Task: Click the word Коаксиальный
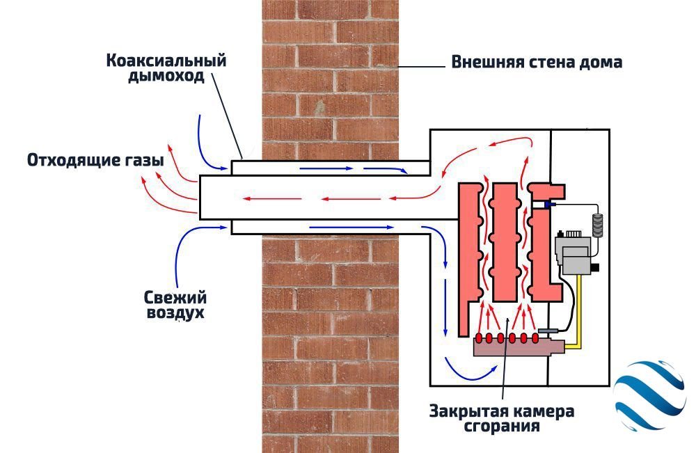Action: [x=166, y=61]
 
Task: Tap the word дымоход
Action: [x=166, y=76]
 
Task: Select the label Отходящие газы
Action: [x=95, y=160]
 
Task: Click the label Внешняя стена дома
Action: [x=536, y=62]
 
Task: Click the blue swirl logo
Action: [x=647, y=392]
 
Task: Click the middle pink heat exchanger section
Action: [x=504, y=240]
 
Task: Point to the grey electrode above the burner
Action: [x=547, y=330]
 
